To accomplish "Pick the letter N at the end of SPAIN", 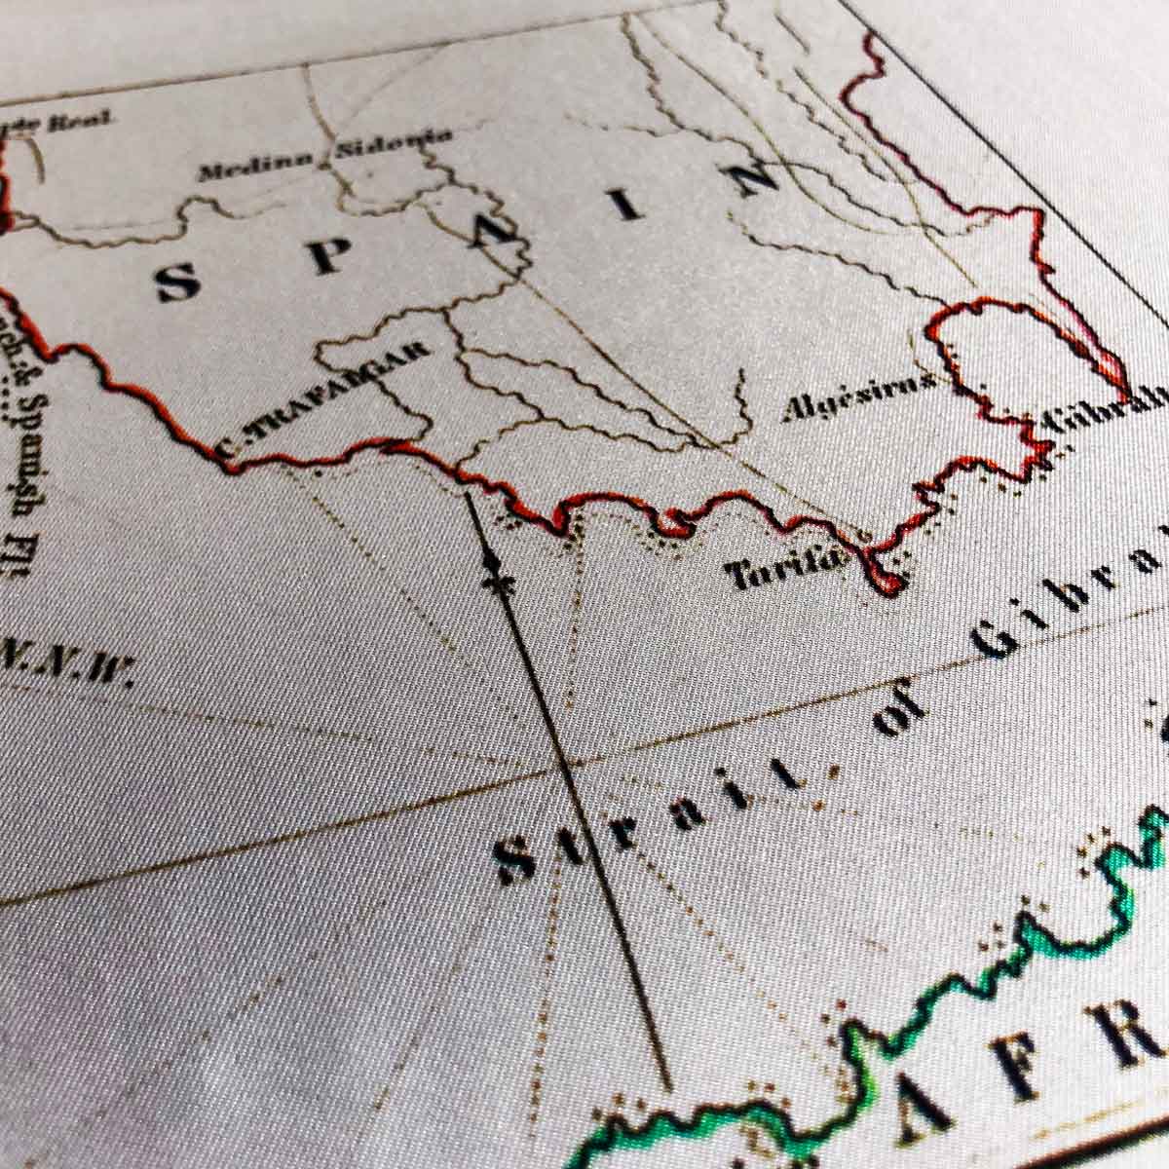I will coord(755,178).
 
